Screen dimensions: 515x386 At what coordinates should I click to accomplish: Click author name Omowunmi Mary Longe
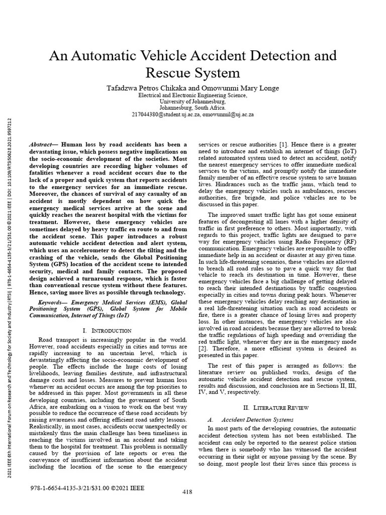point(239,88)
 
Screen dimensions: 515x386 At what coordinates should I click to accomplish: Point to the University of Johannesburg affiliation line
point(193,101)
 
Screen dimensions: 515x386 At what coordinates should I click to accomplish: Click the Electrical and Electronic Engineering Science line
point(193,95)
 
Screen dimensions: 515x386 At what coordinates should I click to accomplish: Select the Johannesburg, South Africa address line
point(193,108)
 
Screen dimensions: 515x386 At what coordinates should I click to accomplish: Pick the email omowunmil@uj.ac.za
point(228,114)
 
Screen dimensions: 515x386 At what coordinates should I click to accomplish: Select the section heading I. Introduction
point(107,330)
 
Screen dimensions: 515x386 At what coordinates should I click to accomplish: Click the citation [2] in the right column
point(204,348)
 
